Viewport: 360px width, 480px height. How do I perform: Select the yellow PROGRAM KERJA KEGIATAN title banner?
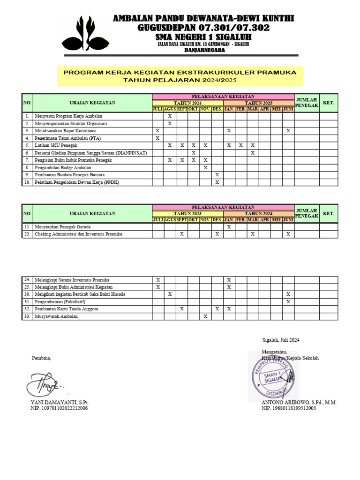[180, 76]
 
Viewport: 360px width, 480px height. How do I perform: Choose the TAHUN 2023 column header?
[187, 214]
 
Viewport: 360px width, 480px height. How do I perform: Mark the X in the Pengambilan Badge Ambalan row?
[205, 167]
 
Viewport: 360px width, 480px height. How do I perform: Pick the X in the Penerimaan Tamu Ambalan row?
[157, 138]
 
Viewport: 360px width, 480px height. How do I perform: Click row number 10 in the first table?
[27, 182]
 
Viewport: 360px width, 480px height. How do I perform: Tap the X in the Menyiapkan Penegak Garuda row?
[229, 226]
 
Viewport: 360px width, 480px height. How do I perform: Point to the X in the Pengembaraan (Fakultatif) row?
[288, 301]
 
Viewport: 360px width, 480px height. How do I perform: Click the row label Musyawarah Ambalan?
[56, 316]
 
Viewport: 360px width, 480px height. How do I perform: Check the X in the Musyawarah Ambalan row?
[205, 316]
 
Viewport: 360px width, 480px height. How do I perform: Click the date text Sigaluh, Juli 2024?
[280, 340]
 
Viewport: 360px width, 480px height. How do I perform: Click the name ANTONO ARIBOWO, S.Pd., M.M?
[299, 402]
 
